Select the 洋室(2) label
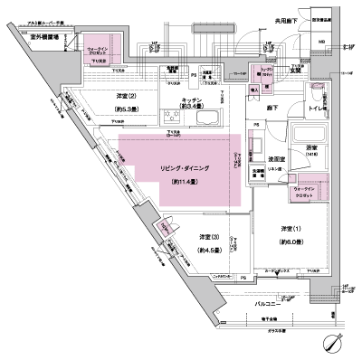[127, 96]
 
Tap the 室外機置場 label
[44, 37]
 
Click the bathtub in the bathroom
[310, 136]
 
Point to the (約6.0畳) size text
[291, 241]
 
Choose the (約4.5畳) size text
[211, 250]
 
